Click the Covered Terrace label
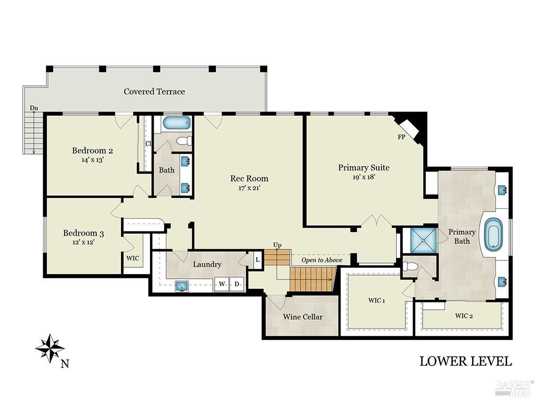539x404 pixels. coord(154,92)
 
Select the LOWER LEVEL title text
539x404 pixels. coord(465,361)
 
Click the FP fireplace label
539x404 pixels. coord(401,137)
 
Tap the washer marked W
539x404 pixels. coord(222,284)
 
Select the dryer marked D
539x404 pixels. coord(237,284)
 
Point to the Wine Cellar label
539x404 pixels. coord(303,317)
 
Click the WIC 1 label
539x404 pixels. coord(376,301)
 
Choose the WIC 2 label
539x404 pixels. coord(464,316)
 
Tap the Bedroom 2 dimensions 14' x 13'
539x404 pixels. coord(93,160)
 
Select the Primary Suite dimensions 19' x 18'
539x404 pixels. coord(364,177)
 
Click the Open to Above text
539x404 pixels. coord(322,260)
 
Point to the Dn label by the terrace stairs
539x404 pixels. coord(34,108)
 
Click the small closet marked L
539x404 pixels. coord(257,259)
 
